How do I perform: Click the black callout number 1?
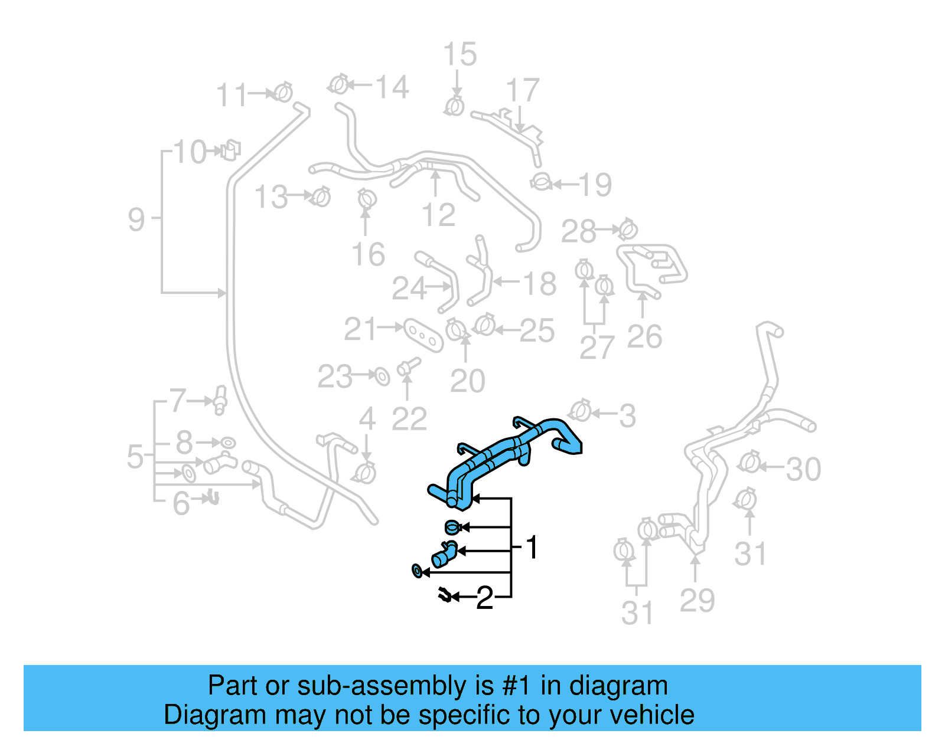[532, 548]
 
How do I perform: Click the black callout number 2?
[484, 598]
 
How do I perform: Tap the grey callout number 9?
[136, 220]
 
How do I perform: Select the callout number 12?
[438, 215]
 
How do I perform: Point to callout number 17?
[523, 90]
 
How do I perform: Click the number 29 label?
[697, 601]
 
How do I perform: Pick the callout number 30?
[803, 469]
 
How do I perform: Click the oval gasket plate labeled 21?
[423, 336]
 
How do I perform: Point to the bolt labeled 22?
[408, 366]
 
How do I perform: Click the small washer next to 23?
[382, 376]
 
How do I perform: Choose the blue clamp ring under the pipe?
[452, 526]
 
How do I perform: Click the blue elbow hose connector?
[444, 553]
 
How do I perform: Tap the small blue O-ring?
[417, 571]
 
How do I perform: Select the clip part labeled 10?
[230, 150]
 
